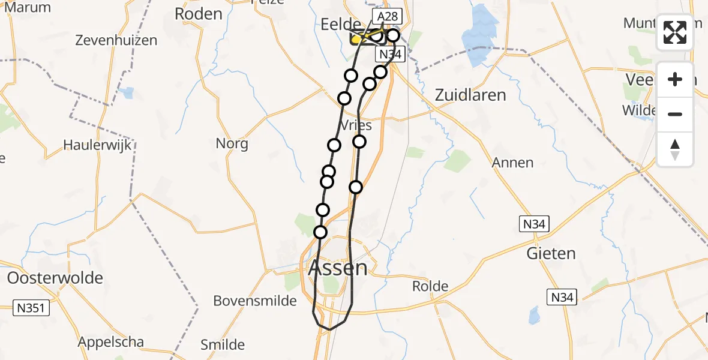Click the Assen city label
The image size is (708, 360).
[x=337, y=268]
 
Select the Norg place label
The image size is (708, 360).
[x=232, y=143]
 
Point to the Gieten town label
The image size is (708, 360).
[x=551, y=253]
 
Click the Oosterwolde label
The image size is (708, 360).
[x=55, y=278]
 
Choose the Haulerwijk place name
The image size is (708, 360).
[x=97, y=145]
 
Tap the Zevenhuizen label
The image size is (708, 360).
[x=116, y=41]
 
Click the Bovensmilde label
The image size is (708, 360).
[x=255, y=300]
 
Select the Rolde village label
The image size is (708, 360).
[x=430, y=286]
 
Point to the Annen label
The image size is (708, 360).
[x=512, y=163]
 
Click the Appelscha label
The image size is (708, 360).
[x=110, y=343]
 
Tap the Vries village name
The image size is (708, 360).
[x=355, y=125]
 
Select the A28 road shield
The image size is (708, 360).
[x=387, y=16]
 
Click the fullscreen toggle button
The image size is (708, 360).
[x=675, y=32]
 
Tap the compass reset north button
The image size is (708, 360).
[x=675, y=149]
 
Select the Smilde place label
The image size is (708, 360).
[x=223, y=344]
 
